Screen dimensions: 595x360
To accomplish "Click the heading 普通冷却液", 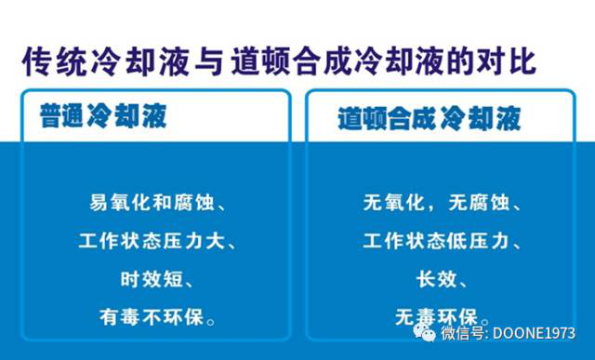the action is [103, 115].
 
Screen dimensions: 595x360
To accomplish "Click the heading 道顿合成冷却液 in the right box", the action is [430, 118].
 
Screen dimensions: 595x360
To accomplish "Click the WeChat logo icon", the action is [426, 332].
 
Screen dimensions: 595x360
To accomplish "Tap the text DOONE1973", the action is [534, 333].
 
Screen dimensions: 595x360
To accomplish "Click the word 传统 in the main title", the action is [57, 61].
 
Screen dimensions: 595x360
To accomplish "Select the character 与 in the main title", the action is [208, 62].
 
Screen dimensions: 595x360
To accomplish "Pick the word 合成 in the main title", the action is [325, 61].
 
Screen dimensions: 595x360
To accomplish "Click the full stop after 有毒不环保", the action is [211, 322].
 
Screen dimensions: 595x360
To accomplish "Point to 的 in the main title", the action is [459, 61].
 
